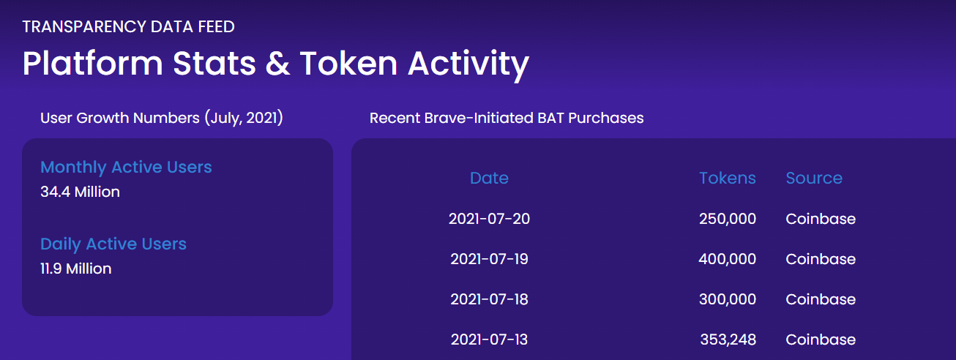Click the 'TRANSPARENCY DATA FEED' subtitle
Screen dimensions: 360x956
[128, 27]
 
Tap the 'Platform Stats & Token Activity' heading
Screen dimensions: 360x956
[275, 64]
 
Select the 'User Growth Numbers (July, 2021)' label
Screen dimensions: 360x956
[161, 118]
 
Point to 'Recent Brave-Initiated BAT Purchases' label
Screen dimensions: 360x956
[507, 118]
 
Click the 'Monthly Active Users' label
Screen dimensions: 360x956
[126, 167]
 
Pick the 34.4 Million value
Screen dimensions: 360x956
[80, 192]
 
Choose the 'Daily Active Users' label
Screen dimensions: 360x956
[113, 244]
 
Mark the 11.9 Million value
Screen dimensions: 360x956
[76, 269]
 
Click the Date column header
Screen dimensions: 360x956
[489, 178]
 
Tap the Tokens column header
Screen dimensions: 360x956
[727, 178]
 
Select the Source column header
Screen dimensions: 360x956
[814, 178]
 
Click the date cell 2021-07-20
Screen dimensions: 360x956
[489, 219]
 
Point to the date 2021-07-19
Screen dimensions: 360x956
[489, 259]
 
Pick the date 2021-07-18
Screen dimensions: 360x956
[489, 299]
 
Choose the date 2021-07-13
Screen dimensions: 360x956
[489, 340]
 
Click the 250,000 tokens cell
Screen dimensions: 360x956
[727, 219]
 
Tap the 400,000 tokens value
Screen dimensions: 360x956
[727, 259]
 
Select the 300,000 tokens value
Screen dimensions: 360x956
[727, 299]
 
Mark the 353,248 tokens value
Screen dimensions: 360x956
[728, 340]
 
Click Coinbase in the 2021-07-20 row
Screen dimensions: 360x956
[821, 219]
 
